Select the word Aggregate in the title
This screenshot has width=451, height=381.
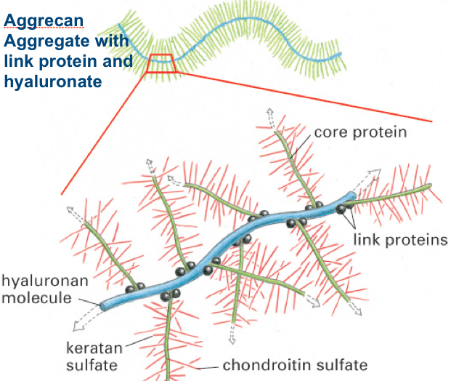point(40,36)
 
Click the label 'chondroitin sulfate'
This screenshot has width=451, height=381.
point(295,364)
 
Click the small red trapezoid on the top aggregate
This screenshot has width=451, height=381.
point(161,63)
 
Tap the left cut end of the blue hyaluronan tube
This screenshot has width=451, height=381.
point(102,305)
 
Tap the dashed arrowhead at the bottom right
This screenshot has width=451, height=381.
point(359,310)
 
